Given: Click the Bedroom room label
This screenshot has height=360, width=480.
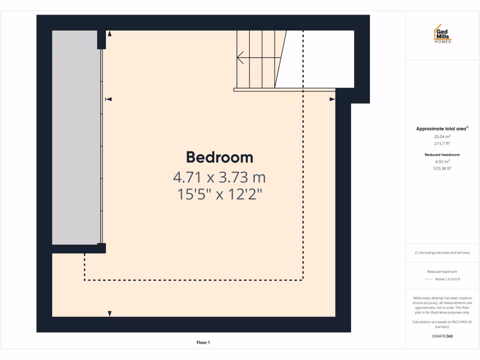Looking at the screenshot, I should [x=219, y=157].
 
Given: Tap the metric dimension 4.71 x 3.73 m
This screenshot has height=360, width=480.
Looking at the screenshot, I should [x=219, y=178].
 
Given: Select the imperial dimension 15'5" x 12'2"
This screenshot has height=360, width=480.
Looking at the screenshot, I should [x=219, y=194].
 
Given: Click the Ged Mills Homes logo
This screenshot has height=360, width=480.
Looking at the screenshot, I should [x=442, y=34].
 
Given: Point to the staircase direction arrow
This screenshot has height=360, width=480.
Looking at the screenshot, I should [x=240, y=58].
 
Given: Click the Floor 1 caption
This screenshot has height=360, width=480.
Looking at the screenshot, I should [x=203, y=343].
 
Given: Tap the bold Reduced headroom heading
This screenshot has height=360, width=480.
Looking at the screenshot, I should [x=442, y=154].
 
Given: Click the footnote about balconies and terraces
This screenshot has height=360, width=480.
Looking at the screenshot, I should [x=442, y=253].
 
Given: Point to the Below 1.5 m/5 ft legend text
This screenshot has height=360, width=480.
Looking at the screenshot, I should [x=448, y=279].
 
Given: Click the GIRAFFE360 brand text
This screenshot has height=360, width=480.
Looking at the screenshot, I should [x=442, y=336].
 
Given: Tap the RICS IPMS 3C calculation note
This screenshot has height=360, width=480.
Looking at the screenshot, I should [x=442, y=324].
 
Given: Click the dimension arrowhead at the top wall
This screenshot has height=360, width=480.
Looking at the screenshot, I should [x=110, y=34].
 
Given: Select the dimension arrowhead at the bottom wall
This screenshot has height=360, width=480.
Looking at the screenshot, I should [x=110, y=313].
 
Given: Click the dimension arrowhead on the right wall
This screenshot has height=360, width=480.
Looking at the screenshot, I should [x=332, y=99].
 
